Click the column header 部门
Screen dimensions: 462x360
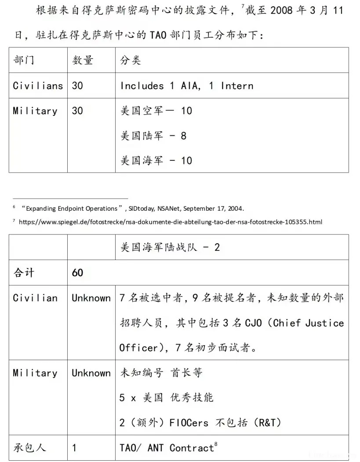click(x=24, y=60)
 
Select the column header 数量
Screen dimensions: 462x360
click(x=83, y=60)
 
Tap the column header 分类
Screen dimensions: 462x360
click(x=131, y=60)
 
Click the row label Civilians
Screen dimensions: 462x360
click(x=38, y=86)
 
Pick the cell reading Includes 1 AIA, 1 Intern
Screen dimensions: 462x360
click(x=187, y=86)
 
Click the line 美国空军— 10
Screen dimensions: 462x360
click(x=156, y=111)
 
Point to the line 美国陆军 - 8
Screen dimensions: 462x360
click(x=153, y=136)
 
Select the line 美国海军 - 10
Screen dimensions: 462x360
click(x=156, y=161)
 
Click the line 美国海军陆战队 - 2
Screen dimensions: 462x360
click(x=170, y=247)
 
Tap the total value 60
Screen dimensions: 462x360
click(x=77, y=273)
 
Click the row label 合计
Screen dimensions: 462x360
click(x=24, y=273)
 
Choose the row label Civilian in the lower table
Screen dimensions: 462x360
click(x=35, y=298)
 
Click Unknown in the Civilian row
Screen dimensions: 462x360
click(x=91, y=298)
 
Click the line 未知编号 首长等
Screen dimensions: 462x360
click(x=161, y=373)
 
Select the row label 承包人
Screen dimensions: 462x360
click(x=30, y=448)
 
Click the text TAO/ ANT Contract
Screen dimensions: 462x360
click(x=167, y=448)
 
